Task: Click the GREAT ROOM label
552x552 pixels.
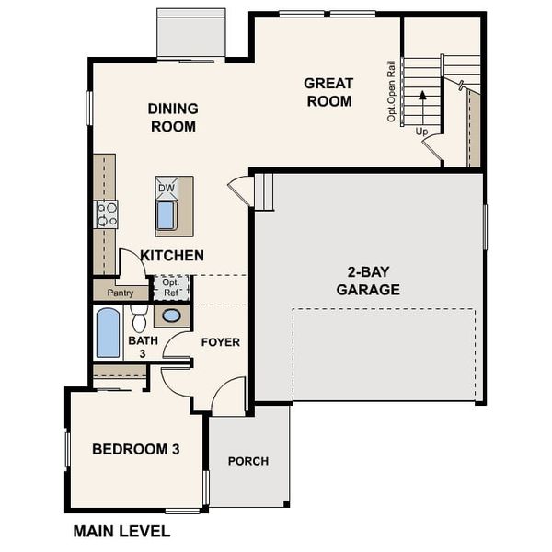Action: [x=328, y=92]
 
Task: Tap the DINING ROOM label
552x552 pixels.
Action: [x=173, y=118]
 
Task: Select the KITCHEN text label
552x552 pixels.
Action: [x=172, y=255]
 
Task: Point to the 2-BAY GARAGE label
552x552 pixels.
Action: [x=367, y=281]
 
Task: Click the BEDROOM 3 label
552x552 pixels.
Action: [x=135, y=449]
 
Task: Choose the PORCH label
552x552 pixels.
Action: [x=248, y=461]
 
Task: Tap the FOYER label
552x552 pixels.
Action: [x=221, y=342]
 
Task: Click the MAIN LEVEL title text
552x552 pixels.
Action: [x=121, y=531]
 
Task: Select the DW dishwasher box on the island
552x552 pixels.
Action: [x=167, y=188]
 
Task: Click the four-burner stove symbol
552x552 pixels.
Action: [x=107, y=214]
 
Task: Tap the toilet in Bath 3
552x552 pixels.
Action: [x=139, y=318]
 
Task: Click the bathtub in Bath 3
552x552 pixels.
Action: [x=109, y=333]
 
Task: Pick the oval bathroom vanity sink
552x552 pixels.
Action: [x=171, y=316]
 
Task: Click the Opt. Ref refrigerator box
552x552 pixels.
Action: [x=170, y=288]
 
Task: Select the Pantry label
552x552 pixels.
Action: [x=121, y=293]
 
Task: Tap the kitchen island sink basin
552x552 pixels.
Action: [x=167, y=216]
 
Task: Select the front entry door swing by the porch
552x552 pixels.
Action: [x=229, y=397]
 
